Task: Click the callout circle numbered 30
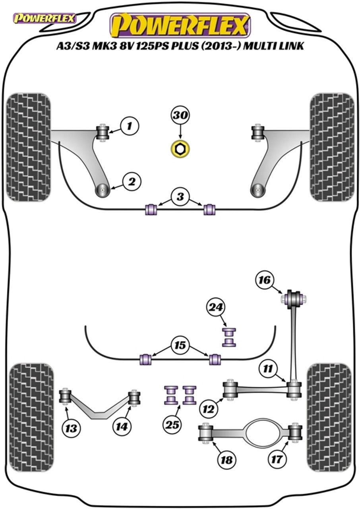click(x=180, y=117)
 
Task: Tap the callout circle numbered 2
click(x=132, y=182)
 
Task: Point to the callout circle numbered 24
click(x=216, y=307)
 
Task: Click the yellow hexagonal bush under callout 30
click(x=180, y=149)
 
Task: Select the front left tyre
click(x=29, y=148)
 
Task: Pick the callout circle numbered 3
click(x=181, y=196)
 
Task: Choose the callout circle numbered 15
click(x=181, y=346)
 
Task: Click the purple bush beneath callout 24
click(x=228, y=337)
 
